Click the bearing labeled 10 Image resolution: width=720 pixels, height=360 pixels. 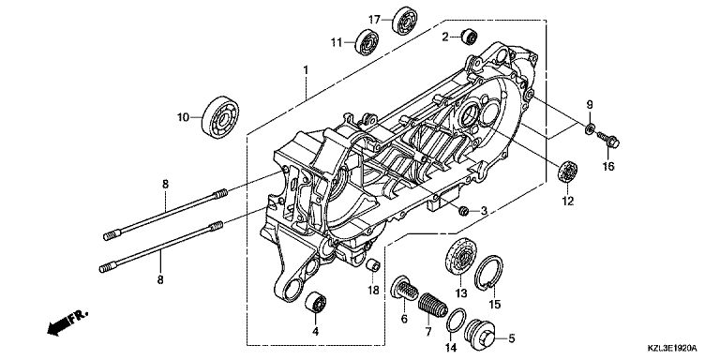pyautogui.click(x=220, y=117)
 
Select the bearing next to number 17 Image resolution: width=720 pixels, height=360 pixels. pyautogui.click(x=405, y=21)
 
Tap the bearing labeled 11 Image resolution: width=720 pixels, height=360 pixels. pyautogui.click(x=367, y=42)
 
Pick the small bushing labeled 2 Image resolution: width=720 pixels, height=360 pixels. pyautogui.click(x=470, y=37)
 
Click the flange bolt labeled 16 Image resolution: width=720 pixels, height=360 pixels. pyautogui.click(x=608, y=140)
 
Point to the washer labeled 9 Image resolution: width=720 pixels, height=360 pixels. pyautogui.click(x=590, y=128)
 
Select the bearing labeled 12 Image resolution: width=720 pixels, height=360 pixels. pyautogui.click(x=567, y=172)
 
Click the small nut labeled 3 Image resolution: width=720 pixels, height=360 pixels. pyautogui.click(x=464, y=211)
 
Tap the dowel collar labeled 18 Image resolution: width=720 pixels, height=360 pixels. pyautogui.click(x=373, y=265)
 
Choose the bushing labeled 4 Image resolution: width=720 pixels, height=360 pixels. pyautogui.click(x=315, y=302)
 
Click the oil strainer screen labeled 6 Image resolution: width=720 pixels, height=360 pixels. pyautogui.click(x=404, y=288)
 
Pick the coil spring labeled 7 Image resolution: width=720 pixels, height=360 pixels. pyautogui.click(x=433, y=305)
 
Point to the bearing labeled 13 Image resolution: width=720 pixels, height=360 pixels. pyautogui.click(x=460, y=257)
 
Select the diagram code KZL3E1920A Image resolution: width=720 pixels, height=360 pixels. pyautogui.click(x=672, y=348)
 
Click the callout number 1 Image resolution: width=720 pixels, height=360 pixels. pyautogui.click(x=306, y=70)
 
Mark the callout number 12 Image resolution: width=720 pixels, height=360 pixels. pyautogui.click(x=568, y=202)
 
